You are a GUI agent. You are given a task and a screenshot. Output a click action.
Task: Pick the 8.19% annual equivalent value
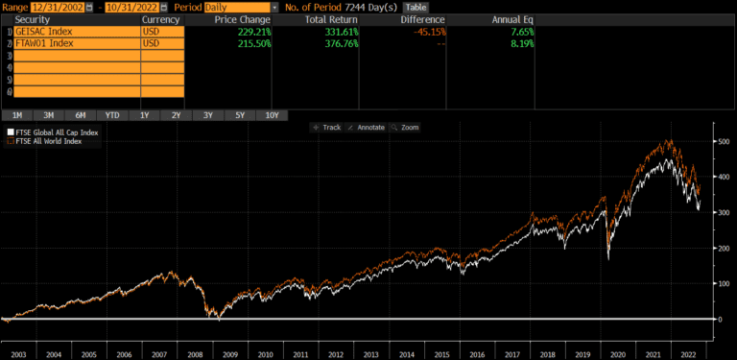[517, 44]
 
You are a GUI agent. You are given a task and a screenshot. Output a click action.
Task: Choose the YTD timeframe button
[113, 115]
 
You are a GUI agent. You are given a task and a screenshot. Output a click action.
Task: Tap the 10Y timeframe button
[272, 115]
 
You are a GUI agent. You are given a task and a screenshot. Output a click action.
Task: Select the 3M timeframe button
[48, 115]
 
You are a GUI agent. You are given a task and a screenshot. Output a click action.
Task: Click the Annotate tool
[366, 127]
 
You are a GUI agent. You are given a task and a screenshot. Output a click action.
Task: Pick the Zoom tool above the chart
[407, 127]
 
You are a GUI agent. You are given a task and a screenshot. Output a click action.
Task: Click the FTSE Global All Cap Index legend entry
[54, 132]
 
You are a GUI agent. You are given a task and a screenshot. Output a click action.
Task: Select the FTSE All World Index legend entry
[48, 141]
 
